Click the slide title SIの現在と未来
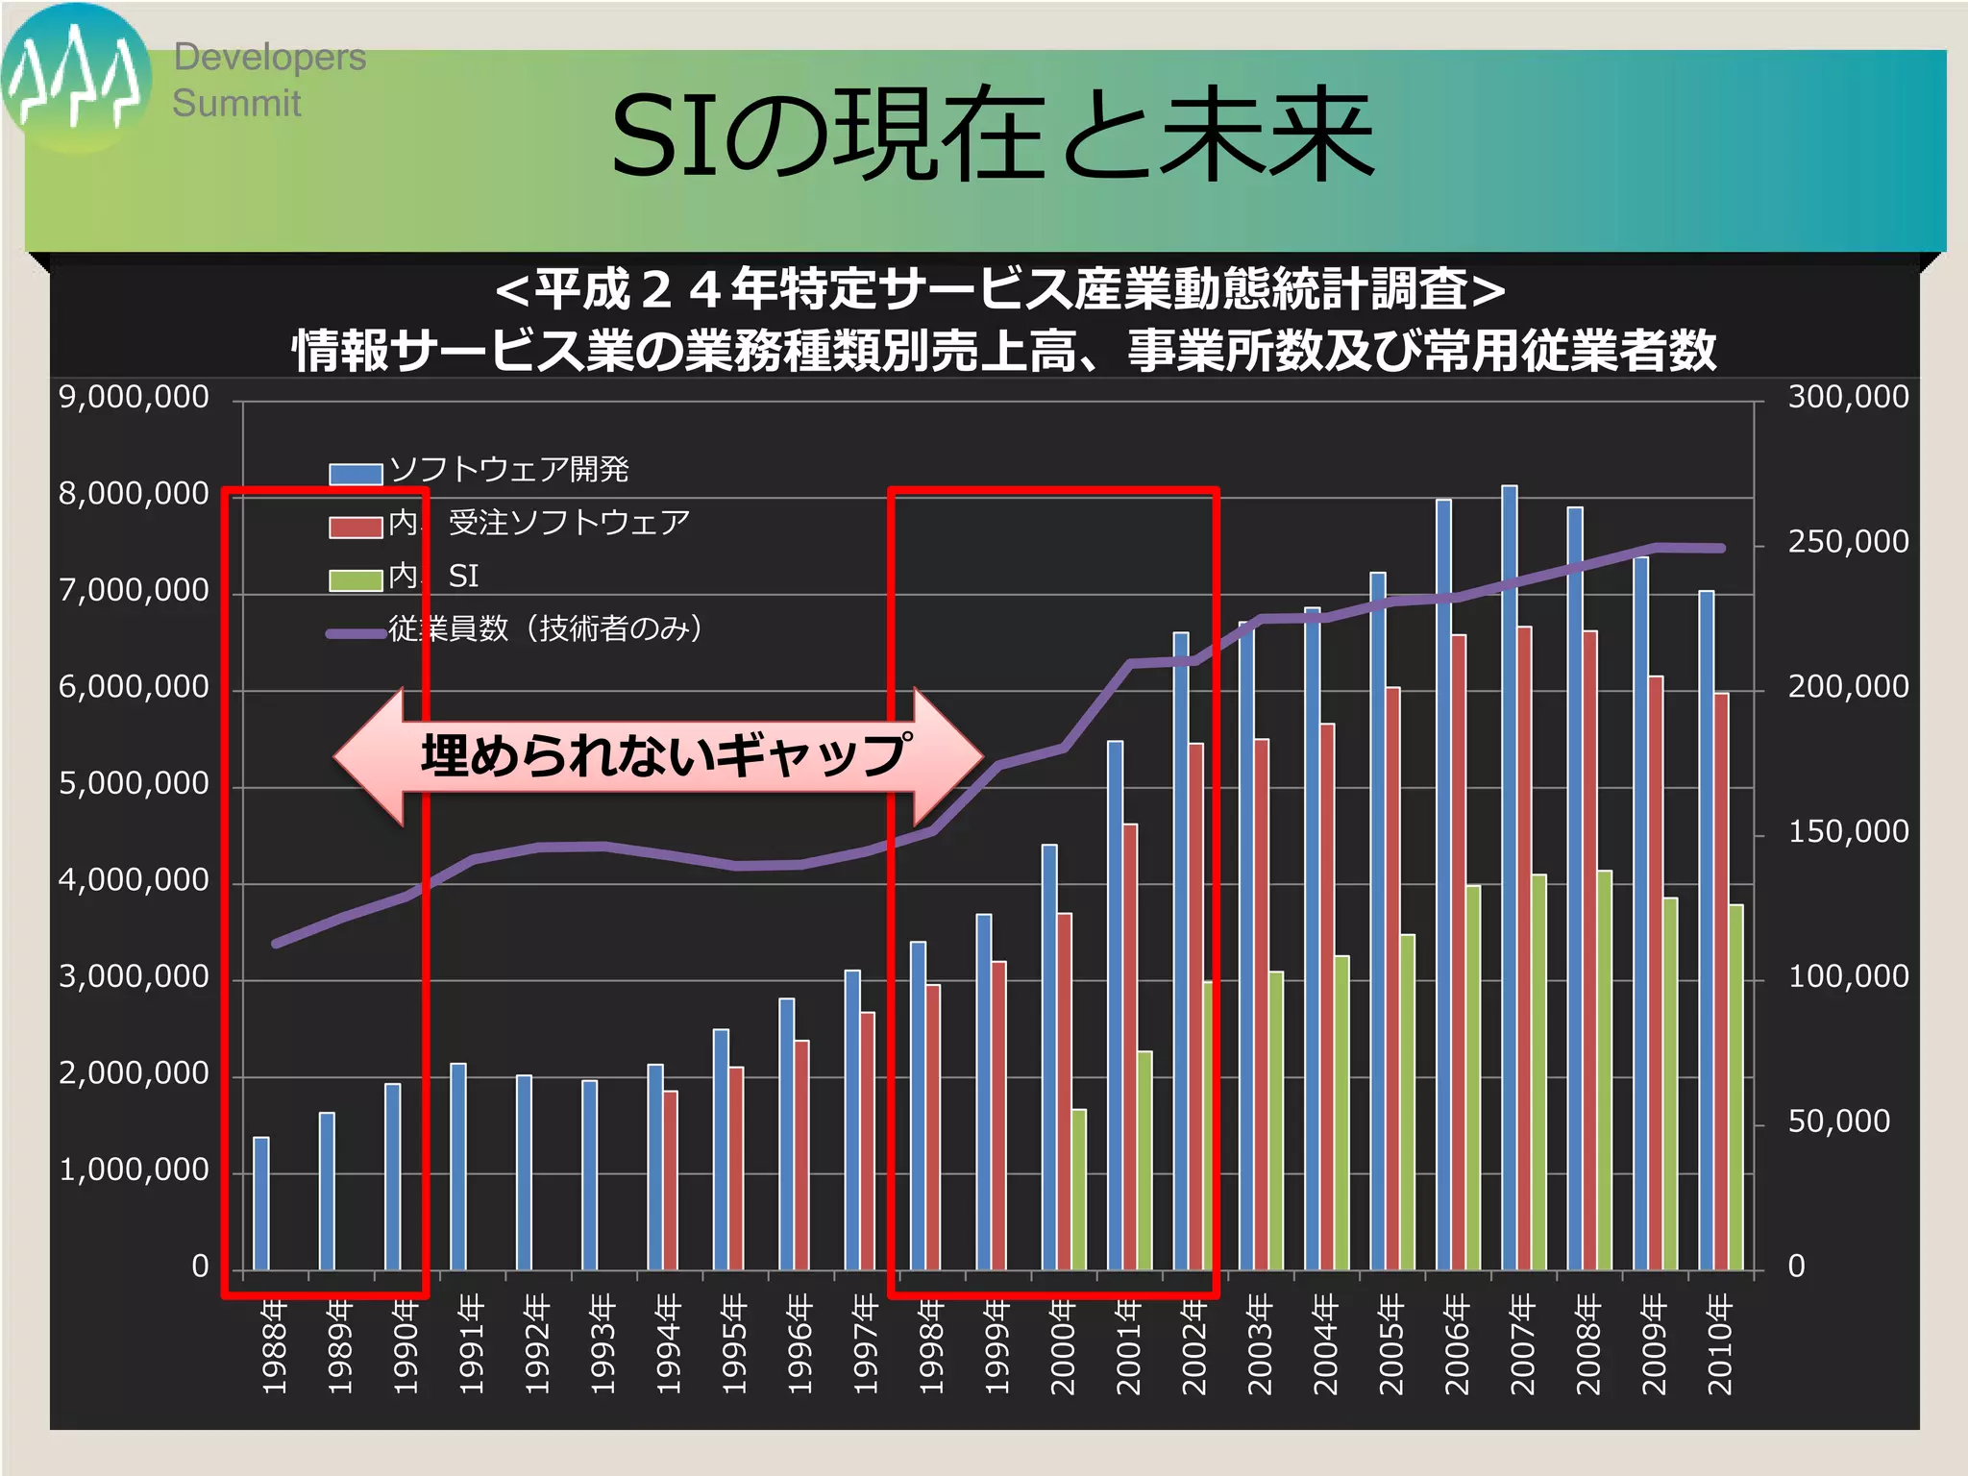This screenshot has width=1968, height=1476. (993, 135)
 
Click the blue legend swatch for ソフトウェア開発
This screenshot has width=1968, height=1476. (356, 474)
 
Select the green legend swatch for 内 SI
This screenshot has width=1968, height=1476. (356, 580)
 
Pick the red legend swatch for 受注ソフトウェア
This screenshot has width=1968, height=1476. (356, 528)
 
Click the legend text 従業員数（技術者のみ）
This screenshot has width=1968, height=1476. (545, 629)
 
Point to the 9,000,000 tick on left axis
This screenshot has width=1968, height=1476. (134, 397)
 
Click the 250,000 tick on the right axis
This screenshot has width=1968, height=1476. (1847, 542)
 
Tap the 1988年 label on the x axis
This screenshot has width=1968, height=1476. (274, 1344)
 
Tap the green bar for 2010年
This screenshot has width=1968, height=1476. (1735, 1086)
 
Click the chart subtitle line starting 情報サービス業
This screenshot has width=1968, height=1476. (1003, 350)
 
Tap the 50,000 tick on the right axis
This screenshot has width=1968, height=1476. (1837, 1121)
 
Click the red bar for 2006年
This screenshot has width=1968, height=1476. (1458, 951)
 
